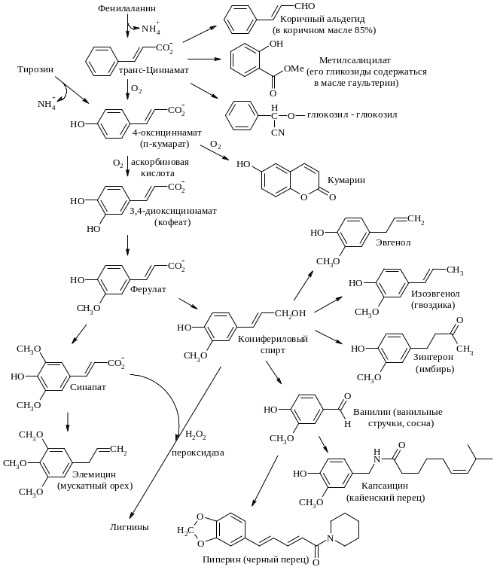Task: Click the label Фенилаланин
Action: tap(126, 9)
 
